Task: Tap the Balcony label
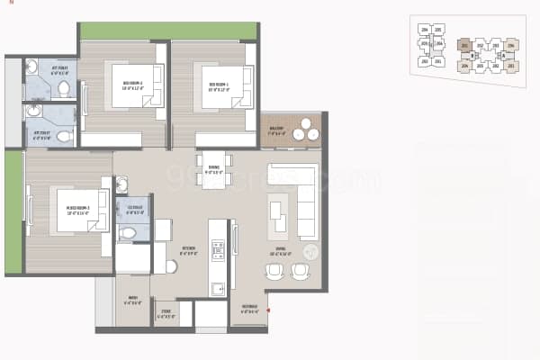[x=276, y=130]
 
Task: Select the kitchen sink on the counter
[x=217, y=288]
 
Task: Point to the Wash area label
[x=132, y=300]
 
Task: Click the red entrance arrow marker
[x=268, y=310]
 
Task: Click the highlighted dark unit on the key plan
[x=465, y=44]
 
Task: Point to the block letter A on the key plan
[x=504, y=55]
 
